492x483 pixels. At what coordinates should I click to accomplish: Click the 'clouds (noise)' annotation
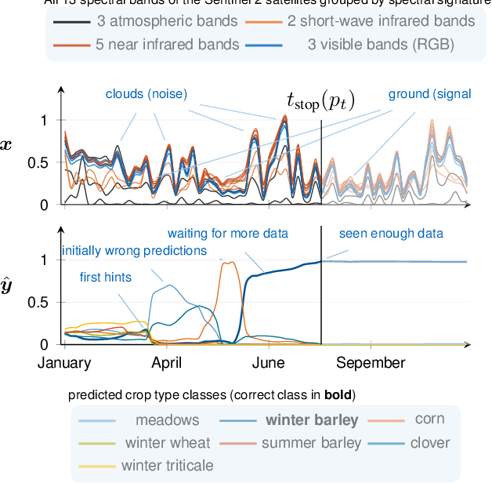(x=147, y=94)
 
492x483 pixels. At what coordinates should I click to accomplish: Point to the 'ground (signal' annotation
(x=429, y=94)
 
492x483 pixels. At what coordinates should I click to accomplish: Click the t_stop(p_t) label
(x=321, y=100)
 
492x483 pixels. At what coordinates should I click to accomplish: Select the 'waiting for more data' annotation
(x=228, y=233)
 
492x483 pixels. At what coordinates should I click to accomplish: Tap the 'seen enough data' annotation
(x=391, y=233)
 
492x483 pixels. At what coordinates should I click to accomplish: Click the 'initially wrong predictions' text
(x=134, y=251)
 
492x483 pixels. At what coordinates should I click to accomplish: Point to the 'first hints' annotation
(x=106, y=277)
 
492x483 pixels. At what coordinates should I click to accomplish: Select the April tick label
(x=165, y=362)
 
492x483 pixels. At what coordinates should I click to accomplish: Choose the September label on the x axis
(x=371, y=362)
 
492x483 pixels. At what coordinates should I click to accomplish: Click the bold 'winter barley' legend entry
(x=311, y=419)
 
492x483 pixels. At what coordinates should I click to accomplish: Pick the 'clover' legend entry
(x=430, y=442)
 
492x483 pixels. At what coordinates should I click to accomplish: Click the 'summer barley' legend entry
(x=311, y=442)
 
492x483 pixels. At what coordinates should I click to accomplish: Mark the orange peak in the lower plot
(x=230, y=263)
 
